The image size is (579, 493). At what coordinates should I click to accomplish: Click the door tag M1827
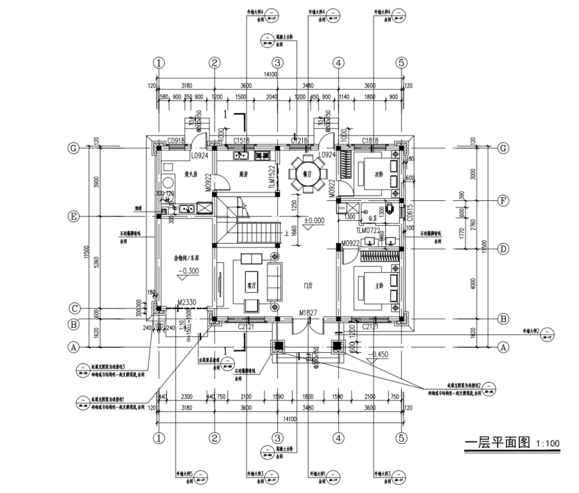[308, 313]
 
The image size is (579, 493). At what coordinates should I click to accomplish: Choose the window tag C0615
[410, 211]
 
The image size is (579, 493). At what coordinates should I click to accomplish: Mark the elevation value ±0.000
[314, 220]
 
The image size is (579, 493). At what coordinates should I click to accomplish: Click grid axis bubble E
[74, 216]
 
